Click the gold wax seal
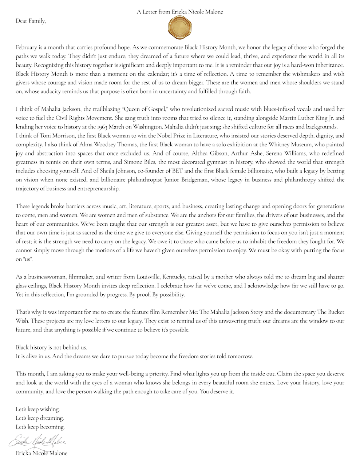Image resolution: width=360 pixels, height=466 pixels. (x=180, y=28)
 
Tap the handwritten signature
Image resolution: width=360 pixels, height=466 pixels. (x=37, y=442)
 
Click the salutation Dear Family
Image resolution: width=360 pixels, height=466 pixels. (x=31, y=21)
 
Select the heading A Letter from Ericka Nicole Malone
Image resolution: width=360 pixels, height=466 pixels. (x=180, y=12)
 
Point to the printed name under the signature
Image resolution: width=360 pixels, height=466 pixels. (x=41, y=453)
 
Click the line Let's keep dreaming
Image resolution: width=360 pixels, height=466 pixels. (x=40, y=418)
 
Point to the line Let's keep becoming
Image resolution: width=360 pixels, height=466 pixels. (x=40, y=427)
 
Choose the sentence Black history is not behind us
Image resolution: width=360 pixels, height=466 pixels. (x=51, y=347)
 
